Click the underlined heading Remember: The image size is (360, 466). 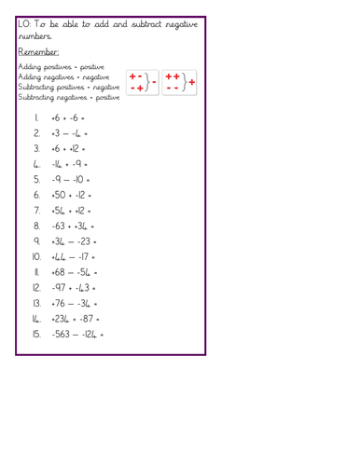coord(39,53)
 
